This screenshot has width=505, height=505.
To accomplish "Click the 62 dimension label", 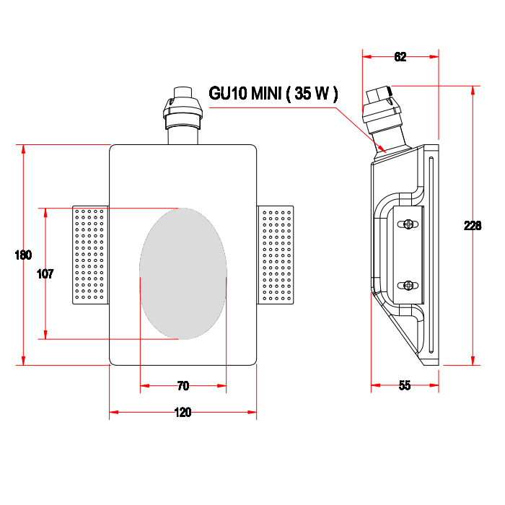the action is click(400, 57).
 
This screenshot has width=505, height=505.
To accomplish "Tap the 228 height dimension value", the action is click(473, 225).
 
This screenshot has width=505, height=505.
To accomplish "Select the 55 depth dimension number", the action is click(405, 385).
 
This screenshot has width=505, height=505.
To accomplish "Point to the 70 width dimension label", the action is click(183, 385).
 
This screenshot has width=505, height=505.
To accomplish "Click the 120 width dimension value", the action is click(183, 412).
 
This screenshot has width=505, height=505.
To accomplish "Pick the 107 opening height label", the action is click(45, 274).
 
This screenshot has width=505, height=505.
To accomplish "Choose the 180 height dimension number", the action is click(23, 255).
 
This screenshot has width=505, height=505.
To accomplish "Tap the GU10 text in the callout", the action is click(228, 93).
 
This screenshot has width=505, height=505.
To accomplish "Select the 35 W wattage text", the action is click(312, 93).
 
